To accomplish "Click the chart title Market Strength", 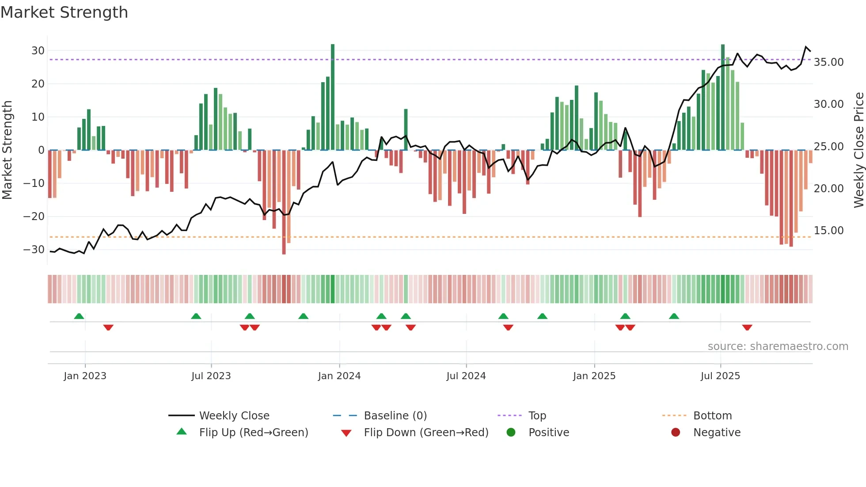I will click(x=64, y=12).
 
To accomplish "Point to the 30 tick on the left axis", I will click(x=38, y=51).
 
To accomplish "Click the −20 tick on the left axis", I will click(x=34, y=217).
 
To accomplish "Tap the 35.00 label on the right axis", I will click(x=828, y=62).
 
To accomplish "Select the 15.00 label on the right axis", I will click(x=828, y=231).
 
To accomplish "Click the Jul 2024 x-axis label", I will click(x=466, y=376).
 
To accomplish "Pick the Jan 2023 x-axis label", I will click(x=85, y=376).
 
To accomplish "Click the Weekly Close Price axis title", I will click(x=858, y=150).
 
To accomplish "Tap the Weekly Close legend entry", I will click(x=234, y=416).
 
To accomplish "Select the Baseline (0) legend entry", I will click(x=395, y=416).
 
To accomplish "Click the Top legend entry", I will click(x=537, y=416).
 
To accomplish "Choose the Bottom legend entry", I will click(x=712, y=416).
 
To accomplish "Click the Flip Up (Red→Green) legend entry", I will click(x=253, y=433).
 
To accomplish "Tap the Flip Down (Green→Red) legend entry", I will click(x=426, y=433).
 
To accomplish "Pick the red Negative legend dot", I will click(x=676, y=433).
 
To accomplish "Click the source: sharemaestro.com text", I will click(x=778, y=346).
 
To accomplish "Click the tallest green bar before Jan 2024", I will click(x=333, y=97).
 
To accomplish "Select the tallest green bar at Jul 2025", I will click(x=723, y=97).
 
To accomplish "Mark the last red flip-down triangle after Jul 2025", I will click(x=747, y=327).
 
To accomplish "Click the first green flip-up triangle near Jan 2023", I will click(x=79, y=316).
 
